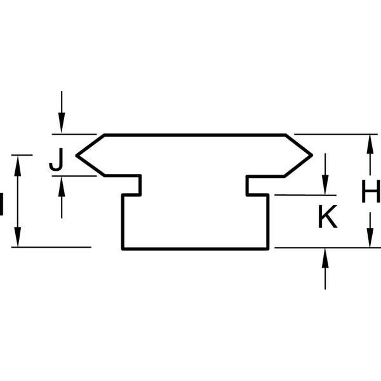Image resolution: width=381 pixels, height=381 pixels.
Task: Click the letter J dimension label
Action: coord(57,159)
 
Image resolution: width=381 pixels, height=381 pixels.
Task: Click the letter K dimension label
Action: coord(328,217)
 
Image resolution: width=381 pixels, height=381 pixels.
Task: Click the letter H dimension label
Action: coord(371,191)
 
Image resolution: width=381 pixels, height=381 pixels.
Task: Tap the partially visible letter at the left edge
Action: coord(1,204)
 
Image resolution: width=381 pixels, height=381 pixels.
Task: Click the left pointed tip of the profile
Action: coord(77,156)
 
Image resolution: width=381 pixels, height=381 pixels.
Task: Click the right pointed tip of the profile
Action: coord(312,155)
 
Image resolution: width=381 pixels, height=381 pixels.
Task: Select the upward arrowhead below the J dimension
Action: coord(62,187)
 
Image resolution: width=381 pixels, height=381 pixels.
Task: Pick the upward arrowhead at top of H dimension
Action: coord(370,144)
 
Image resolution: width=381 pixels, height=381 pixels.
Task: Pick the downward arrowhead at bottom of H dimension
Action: coord(370,237)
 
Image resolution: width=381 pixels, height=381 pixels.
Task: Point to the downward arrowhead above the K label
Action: coord(325,185)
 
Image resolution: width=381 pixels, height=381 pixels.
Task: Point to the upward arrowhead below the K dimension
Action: coord(325,258)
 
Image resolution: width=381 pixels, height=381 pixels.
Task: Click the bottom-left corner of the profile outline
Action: coord(123,248)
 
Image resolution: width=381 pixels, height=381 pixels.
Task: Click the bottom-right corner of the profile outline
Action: coord(268,248)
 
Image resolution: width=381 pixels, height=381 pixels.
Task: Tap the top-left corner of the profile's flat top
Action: coord(105,135)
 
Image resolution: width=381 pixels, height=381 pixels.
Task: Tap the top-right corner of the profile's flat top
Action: coord(285,135)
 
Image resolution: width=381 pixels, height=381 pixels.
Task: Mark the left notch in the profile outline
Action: coord(131,185)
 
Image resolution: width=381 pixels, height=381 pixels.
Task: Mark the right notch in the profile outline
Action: coord(258,185)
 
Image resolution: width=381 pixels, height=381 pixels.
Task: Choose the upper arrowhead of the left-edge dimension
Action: coord(18,166)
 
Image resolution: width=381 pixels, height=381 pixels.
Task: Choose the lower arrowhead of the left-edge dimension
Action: coord(18,237)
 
